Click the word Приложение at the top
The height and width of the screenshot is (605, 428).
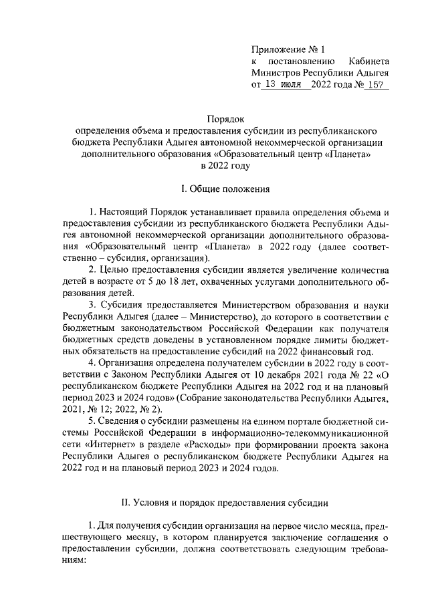click(x=276, y=49)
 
